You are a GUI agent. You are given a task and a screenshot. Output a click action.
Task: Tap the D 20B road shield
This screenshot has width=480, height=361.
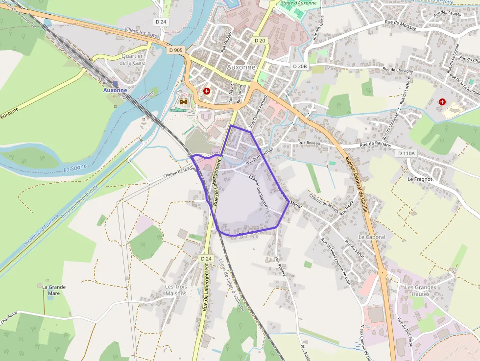(x=299, y=66)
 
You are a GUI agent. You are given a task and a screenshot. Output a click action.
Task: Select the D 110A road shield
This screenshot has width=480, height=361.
(x=406, y=153)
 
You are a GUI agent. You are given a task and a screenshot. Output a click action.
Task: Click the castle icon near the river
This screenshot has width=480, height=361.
(x=184, y=101)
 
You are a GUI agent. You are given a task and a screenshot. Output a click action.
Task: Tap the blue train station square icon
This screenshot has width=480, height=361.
(x=115, y=84)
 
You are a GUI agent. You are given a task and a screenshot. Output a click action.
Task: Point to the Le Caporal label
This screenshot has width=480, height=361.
(x=372, y=237)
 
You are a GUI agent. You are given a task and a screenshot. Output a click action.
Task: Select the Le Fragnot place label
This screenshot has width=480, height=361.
(x=420, y=179)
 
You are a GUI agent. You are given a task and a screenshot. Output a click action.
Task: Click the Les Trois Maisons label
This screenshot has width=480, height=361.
(x=176, y=290)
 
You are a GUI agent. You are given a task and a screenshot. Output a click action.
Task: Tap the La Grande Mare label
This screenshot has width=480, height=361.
(x=54, y=290)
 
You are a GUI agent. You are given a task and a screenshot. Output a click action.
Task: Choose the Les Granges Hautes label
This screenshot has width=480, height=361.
(x=417, y=290)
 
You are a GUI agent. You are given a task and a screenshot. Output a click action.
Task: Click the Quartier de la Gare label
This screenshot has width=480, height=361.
(x=131, y=59)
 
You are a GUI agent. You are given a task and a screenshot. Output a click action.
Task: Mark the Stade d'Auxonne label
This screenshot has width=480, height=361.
(x=298, y=3)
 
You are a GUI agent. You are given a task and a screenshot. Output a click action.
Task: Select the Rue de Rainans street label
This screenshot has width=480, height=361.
(x=375, y=144)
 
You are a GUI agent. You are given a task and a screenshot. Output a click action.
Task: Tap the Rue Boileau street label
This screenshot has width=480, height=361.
(x=309, y=143)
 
